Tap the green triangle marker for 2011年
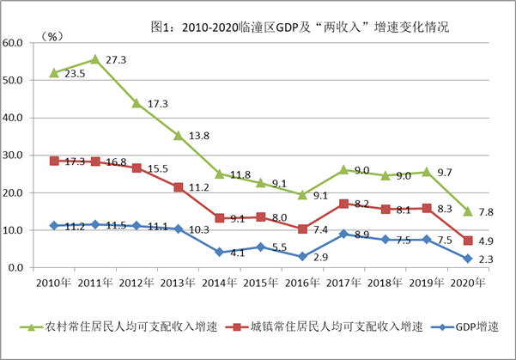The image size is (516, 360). [96, 59]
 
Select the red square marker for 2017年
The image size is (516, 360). [344, 204]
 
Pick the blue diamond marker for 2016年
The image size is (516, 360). [302, 257]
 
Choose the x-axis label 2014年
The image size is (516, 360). [220, 283]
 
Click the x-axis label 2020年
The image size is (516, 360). [468, 283]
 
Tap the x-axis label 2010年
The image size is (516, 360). [54, 283]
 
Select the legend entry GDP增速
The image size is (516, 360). [469, 326]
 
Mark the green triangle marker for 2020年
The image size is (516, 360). [468, 211]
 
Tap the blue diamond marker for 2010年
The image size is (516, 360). [55, 225]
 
